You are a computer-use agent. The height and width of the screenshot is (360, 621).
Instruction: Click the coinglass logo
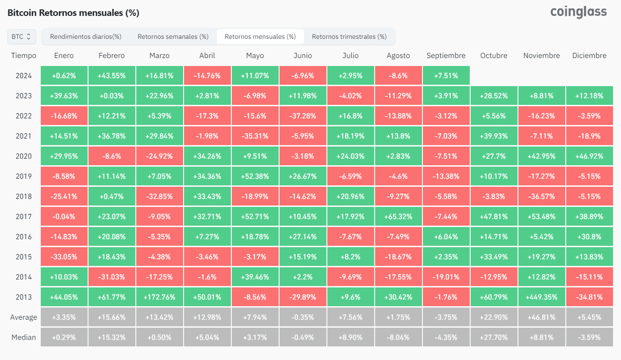coord(578,12)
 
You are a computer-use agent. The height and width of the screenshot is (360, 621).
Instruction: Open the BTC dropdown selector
coord(22,37)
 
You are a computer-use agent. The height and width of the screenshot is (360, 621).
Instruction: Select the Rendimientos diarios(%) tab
coord(86,37)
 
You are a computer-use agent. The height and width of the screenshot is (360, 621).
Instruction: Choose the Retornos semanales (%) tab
coord(173,37)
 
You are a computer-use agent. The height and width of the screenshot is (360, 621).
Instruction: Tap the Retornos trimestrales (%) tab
coord(349,37)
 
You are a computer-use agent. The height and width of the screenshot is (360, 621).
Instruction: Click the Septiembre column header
coord(446,56)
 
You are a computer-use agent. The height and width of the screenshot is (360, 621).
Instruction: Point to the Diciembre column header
coord(589,56)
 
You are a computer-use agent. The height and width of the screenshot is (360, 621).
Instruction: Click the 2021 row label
coord(23,136)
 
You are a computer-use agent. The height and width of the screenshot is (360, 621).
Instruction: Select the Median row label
coord(23,338)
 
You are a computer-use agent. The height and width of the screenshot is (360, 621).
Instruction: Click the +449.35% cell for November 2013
coord(541,297)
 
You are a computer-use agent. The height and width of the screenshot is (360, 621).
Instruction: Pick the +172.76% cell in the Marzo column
coord(159,297)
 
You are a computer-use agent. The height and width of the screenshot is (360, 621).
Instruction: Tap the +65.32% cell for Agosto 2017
coord(398,217)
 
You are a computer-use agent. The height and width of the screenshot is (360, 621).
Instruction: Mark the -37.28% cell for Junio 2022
coord(303,116)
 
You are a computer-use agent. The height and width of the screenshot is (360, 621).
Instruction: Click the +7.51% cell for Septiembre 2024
coord(446,76)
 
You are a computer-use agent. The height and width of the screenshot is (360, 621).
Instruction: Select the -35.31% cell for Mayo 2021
coord(255,136)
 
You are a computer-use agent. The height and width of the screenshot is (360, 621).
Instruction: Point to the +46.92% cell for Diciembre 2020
coord(589,156)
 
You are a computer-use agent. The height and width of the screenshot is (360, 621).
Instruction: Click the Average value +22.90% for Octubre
coord(494,317)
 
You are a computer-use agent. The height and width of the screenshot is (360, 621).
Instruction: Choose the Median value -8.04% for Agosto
coord(398,338)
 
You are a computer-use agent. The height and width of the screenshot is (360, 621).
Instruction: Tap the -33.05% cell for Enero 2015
coord(64,257)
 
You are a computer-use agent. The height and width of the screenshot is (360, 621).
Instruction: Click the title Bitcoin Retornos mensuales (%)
coord(74,13)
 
